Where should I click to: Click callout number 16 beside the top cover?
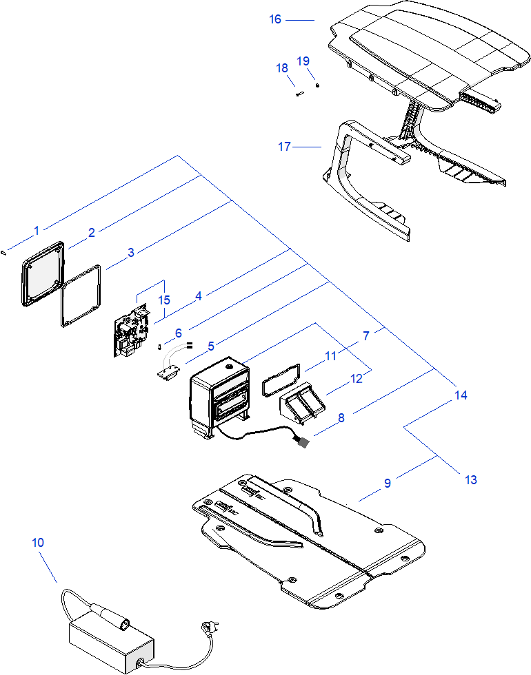pyautogui.click(x=275, y=19)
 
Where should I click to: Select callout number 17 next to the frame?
pyautogui.click(x=285, y=146)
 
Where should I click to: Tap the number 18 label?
pyautogui.click(x=282, y=68)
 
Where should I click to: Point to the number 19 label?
pyautogui.click(x=303, y=61)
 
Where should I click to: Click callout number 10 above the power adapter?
pyautogui.click(x=37, y=543)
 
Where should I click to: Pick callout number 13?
pyautogui.click(x=471, y=479)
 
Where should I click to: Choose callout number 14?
pyautogui.click(x=461, y=395)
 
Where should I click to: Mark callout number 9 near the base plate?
pyautogui.click(x=388, y=484)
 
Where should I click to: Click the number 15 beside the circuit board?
pyautogui.click(x=163, y=300)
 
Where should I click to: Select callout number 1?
pyautogui.click(x=37, y=229)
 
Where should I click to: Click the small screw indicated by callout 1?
pyautogui.click(x=4, y=252)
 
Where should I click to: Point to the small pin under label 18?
pyautogui.click(x=300, y=94)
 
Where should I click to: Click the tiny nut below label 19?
pyautogui.click(x=317, y=85)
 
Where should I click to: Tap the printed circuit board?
pyautogui.click(x=131, y=333)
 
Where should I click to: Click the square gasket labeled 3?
pyautogui.click(x=82, y=296)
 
